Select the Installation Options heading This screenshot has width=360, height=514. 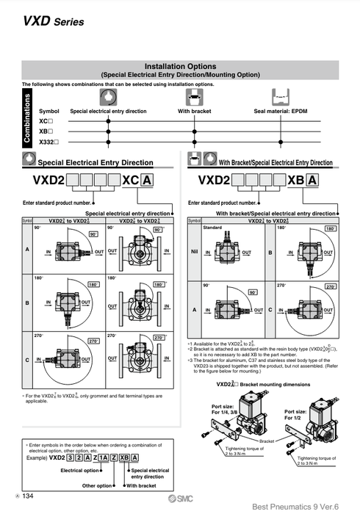pyautogui.click(x=179, y=66)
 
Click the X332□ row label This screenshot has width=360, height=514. pyautogui.click(x=48, y=140)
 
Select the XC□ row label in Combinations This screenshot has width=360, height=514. pyautogui.click(x=46, y=120)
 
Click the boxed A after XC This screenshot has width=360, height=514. pyautogui.click(x=147, y=181)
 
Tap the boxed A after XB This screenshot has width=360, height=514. pyautogui.click(x=312, y=181)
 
